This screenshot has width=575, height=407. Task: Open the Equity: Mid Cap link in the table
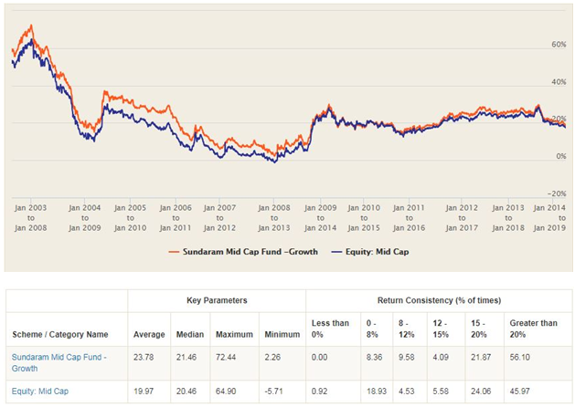coord(40,391)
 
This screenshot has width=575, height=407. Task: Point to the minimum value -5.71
coord(274,391)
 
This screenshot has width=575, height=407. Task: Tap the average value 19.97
coord(143,391)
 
